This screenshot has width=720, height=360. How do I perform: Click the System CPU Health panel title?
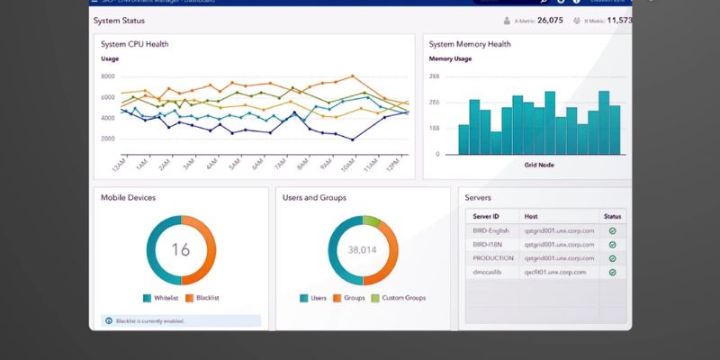135,44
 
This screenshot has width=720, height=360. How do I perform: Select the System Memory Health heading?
470,44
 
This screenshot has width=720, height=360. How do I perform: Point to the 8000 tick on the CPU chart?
108,76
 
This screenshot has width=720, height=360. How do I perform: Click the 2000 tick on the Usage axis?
108,139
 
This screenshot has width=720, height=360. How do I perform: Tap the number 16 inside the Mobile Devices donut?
181,249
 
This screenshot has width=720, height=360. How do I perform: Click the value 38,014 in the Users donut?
363,249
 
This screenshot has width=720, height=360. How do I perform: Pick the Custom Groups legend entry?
401,298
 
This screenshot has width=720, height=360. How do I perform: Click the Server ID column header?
486,217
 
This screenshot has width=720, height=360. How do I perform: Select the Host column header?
533,217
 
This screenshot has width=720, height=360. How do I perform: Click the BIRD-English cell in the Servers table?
491,230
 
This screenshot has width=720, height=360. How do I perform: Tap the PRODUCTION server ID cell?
493,257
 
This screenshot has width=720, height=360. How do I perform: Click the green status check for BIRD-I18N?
612,244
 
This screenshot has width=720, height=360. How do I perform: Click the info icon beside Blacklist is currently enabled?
109,320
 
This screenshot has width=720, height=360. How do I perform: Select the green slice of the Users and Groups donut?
373,220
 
